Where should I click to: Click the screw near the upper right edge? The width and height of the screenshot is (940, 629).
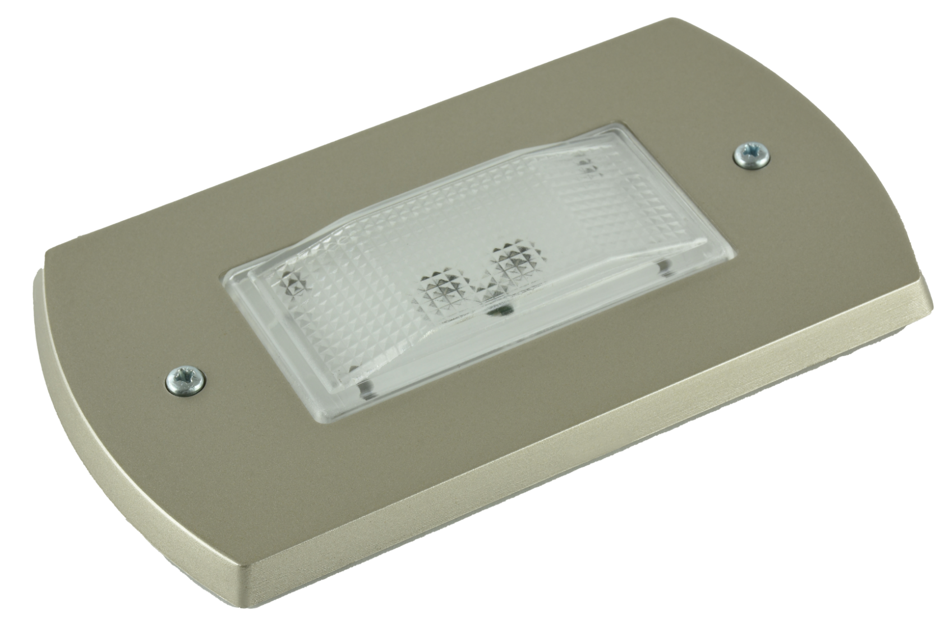(x=752, y=156)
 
